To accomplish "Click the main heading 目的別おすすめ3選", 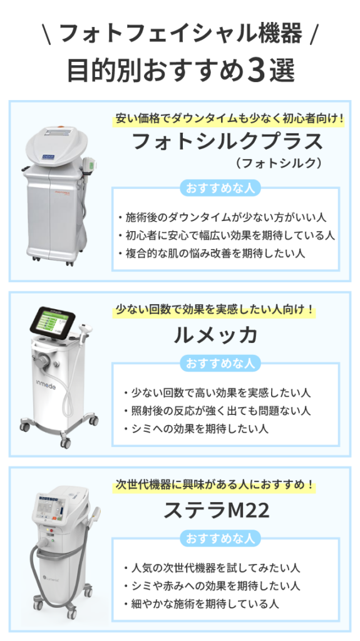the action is pyautogui.click(x=180, y=71).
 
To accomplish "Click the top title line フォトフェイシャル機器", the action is pyautogui.click(x=181, y=33).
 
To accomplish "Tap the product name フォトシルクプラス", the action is pyautogui.click(x=228, y=141).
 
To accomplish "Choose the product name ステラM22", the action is pyautogui.click(x=217, y=510).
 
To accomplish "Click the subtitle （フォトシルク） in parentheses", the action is pyautogui.click(x=278, y=163).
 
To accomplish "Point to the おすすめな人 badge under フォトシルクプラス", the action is pyautogui.click(x=220, y=188).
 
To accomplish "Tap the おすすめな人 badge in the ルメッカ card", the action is pyautogui.click(x=220, y=363).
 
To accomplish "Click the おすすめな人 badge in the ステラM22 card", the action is pyautogui.click(x=220, y=538).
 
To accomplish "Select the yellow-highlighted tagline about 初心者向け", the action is pyautogui.click(x=229, y=119).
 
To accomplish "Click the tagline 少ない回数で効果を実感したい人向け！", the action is pyautogui.click(x=215, y=309).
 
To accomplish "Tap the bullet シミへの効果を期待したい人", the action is pyautogui.click(x=195, y=428).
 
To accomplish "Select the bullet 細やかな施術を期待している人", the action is pyautogui.click(x=201, y=603).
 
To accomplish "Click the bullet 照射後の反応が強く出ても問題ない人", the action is pyautogui.click(x=217, y=411).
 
